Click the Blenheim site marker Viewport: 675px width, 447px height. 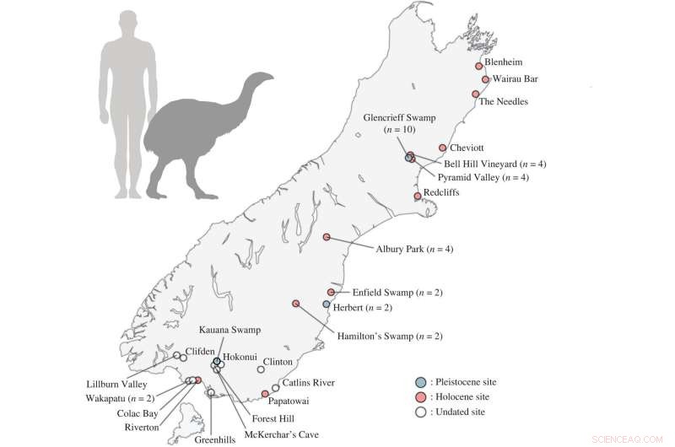tap(478, 66)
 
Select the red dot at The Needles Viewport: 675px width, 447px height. tap(476, 94)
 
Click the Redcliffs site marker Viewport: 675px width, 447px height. tap(417, 197)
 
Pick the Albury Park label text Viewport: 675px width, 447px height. tap(414, 250)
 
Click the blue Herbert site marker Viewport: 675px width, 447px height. tap(327, 304)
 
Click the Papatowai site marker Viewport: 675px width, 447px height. tap(265, 394)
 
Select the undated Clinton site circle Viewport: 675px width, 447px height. tap(261, 368)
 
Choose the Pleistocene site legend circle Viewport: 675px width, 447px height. tap(421, 382)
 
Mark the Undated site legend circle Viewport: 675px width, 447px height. tap(421, 412)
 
